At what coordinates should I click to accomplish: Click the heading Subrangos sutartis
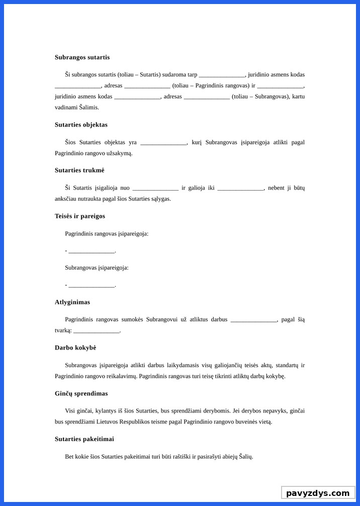point(82,57)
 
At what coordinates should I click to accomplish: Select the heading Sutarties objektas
point(81,125)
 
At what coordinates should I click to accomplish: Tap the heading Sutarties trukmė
point(79,171)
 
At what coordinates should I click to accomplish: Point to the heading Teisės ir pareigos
point(80,216)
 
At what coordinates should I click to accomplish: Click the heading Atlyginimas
point(72,302)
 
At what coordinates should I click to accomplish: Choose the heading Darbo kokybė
point(75,348)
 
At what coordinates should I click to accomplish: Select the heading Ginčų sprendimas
point(81,393)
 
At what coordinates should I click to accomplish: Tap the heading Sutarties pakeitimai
point(84,439)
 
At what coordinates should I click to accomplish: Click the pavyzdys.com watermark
point(318,493)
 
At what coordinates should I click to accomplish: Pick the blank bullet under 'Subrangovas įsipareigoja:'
point(92,286)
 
